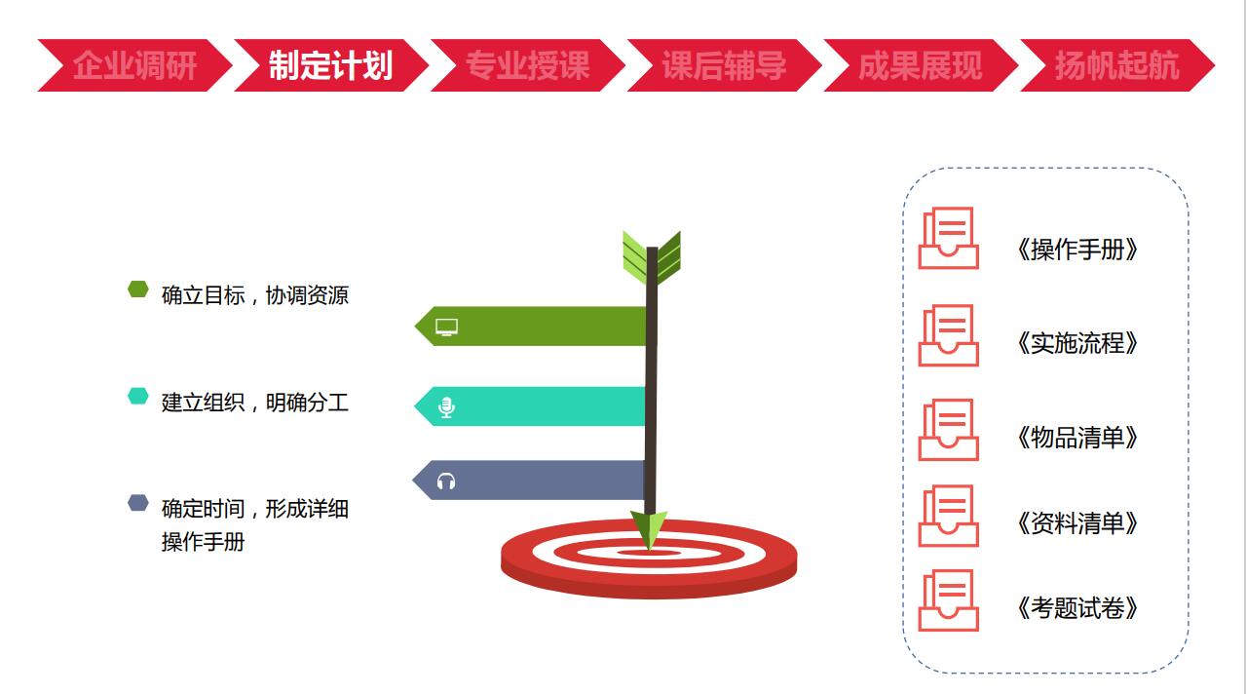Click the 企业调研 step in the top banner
tap(134, 65)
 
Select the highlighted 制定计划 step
tap(331, 65)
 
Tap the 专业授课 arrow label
tap(527, 65)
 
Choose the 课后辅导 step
tap(724, 65)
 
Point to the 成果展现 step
tap(920, 65)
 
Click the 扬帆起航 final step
tap(1117, 65)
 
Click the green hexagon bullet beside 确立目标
tap(138, 289)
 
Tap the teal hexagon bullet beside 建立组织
tap(138, 397)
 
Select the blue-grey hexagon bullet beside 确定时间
tap(138, 503)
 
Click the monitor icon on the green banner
tap(446, 328)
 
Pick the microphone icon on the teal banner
tap(446, 407)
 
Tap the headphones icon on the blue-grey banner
tap(446, 482)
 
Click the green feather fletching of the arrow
tap(652, 258)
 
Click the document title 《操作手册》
tap(1076, 250)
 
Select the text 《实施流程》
tap(1076, 343)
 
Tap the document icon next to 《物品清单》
tap(949, 430)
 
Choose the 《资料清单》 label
tap(1076, 523)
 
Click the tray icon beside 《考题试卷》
tap(949, 600)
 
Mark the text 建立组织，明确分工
tap(255, 403)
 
